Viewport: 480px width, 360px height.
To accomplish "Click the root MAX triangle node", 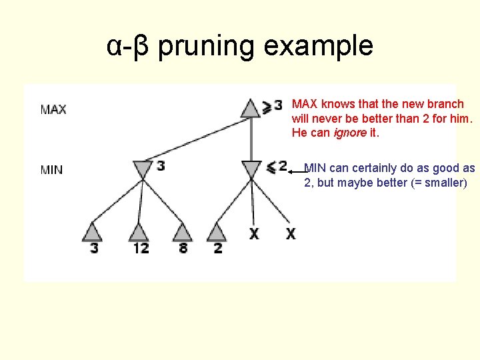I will pyautogui.click(x=250, y=108).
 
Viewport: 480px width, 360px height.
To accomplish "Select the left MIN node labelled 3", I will pyautogui.click(x=142, y=169).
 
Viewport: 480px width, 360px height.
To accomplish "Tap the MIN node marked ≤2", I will pyautogui.click(x=251, y=169).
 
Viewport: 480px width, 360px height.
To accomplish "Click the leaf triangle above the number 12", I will pyautogui.click(x=138, y=232).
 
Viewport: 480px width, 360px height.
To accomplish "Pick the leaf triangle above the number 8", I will pyautogui.click(x=182, y=232).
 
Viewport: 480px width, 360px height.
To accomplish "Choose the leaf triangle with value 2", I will pyautogui.click(x=217, y=232).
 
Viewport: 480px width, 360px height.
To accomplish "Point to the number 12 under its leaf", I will pyautogui.click(x=141, y=248).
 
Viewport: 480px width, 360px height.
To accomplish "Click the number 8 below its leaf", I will pyautogui.click(x=183, y=248).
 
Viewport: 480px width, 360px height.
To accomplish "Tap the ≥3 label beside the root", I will pyautogui.click(x=273, y=105).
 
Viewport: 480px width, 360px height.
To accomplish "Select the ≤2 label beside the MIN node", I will pyautogui.click(x=277, y=167).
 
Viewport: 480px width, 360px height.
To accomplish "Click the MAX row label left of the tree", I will pyautogui.click(x=53, y=109).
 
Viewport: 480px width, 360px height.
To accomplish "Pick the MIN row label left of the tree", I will pyautogui.click(x=52, y=170).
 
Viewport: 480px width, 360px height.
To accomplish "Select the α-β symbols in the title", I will pyautogui.click(x=129, y=47).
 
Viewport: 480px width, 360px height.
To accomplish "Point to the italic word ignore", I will pyautogui.click(x=353, y=133).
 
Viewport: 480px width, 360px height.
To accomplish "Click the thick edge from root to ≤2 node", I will pyautogui.click(x=251, y=139).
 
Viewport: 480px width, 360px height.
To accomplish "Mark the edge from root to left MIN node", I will pyautogui.click(x=197, y=139).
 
